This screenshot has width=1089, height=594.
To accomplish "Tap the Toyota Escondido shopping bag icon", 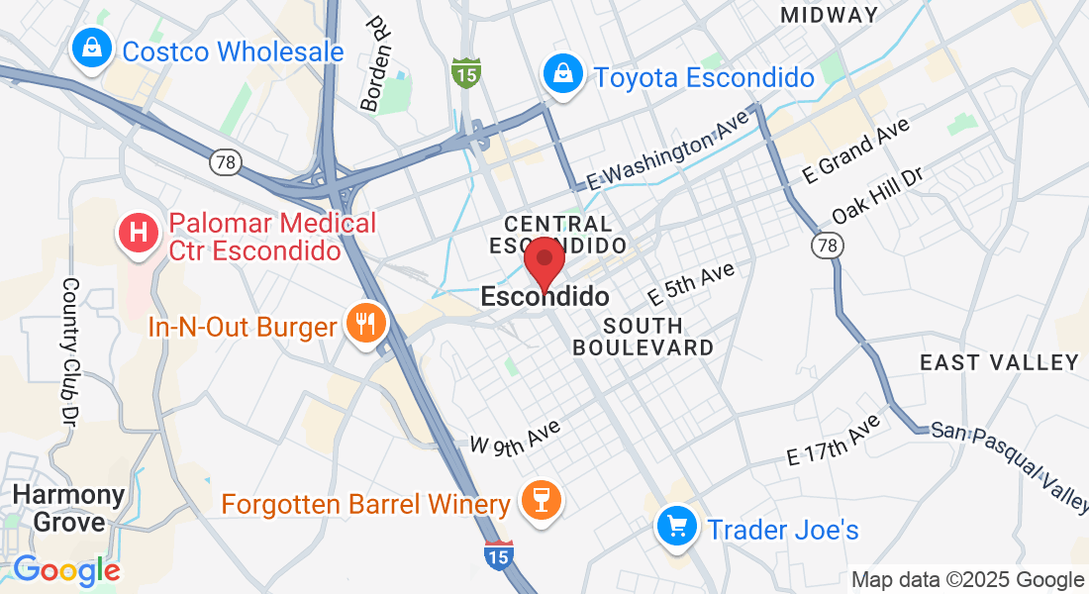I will tap(562, 74).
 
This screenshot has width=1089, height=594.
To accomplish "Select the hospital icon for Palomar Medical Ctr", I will tap(140, 234).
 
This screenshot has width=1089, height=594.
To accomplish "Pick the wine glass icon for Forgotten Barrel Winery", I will tap(541, 501).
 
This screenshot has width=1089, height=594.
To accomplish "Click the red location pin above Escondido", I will tap(544, 261).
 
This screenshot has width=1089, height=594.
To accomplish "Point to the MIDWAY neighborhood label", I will tap(829, 15).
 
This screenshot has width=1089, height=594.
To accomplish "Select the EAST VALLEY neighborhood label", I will tap(999, 362).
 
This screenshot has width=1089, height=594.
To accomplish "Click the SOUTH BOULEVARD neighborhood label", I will tap(643, 337).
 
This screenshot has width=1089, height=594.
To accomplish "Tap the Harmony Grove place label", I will tap(69, 508).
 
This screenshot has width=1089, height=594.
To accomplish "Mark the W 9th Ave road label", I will tap(516, 437).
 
